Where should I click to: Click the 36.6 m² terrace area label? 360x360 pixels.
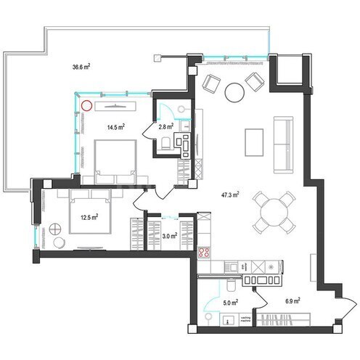[x=81, y=67]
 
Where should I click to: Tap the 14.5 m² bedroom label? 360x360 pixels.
[x=115, y=127]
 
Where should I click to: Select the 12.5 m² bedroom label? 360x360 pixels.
[x=89, y=216]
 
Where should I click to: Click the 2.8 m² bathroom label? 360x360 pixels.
[x=165, y=126]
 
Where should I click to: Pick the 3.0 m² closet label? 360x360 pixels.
[x=168, y=236]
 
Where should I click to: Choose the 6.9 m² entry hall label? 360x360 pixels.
[x=292, y=299]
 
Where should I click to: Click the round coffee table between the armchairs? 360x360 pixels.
[x=234, y=92]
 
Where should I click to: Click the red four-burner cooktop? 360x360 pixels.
[x=205, y=253]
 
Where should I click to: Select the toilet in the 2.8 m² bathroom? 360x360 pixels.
[x=167, y=146]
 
